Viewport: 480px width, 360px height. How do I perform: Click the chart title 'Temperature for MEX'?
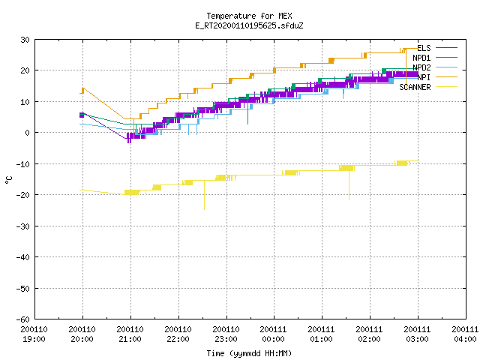249,16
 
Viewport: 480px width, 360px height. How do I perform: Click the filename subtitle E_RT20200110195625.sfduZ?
249,25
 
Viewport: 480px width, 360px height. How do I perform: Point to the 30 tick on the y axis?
25,40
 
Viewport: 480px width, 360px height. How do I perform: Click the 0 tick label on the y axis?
28,133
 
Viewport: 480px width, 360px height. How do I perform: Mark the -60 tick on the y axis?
23,319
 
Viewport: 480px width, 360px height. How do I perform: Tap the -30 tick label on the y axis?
23,226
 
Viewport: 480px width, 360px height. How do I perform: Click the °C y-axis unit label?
8,180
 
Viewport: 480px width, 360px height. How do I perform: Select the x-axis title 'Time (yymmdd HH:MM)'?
249,353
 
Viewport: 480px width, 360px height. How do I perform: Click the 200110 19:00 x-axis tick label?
34,334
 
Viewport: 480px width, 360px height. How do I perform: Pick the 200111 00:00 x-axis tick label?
273,334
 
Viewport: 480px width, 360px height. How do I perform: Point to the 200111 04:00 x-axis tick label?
465,334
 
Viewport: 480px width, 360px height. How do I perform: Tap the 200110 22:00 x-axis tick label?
178,334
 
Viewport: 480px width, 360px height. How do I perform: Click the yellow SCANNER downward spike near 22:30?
204,195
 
